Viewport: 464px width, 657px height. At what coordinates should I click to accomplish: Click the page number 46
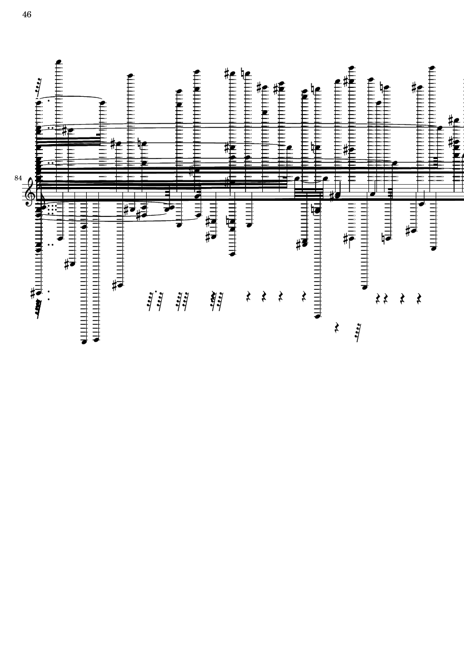click(27, 14)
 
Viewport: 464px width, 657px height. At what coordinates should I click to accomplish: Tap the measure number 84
click(18, 178)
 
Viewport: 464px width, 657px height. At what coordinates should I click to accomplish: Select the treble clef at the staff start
click(29, 192)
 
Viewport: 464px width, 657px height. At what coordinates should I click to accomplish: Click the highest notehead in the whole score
click(58, 62)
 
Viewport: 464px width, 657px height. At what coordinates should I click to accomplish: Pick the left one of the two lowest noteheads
click(84, 342)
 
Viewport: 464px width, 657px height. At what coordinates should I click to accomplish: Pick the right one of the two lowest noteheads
click(96, 340)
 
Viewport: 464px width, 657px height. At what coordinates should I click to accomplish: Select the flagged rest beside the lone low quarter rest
click(358, 332)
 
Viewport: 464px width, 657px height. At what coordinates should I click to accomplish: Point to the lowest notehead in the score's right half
click(317, 317)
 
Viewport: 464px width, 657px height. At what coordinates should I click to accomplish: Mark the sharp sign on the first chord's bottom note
click(33, 292)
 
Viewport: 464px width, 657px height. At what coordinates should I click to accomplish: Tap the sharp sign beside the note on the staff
click(333, 195)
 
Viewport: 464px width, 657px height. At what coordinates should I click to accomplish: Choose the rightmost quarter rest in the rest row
click(419, 298)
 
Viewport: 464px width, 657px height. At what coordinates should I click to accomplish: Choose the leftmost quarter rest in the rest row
click(248, 297)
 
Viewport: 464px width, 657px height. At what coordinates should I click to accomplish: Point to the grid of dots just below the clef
click(51, 210)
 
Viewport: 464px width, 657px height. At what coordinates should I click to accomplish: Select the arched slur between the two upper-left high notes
click(71, 97)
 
